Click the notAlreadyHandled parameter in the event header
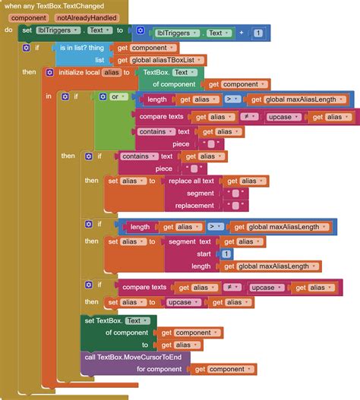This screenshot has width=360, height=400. pyautogui.click(x=87, y=18)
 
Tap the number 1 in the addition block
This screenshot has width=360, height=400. pyautogui.click(x=258, y=33)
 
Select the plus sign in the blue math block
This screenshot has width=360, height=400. pyautogui.click(x=242, y=33)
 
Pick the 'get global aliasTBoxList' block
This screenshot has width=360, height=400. pyautogui.click(x=160, y=60)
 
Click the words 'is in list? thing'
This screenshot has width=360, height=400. pyautogui.click(x=82, y=48)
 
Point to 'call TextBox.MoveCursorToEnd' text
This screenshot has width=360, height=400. pyautogui.click(x=133, y=357)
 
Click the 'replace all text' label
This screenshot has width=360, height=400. pyautogui.click(x=191, y=181)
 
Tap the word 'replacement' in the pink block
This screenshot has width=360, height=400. pyautogui.click(x=194, y=206)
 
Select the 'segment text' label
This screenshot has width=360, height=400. pyautogui.click(x=190, y=241)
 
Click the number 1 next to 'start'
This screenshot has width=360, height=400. pyautogui.click(x=226, y=254)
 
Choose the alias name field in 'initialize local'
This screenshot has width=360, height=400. pyautogui.click(x=112, y=72)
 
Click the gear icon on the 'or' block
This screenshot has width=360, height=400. pyautogui.click(x=103, y=97)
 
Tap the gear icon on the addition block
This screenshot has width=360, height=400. pyautogui.click(x=141, y=30)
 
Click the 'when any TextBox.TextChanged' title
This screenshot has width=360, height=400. pyautogui.click(x=54, y=6)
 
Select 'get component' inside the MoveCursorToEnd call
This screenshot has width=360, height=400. pyautogui.click(x=224, y=369)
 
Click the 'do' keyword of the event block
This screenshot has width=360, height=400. pyautogui.click(x=8, y=30)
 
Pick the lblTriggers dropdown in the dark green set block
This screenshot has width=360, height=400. pyautogui.click(x=58, y=30)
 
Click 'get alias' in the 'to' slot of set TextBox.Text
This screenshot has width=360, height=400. pyautogui.click(x=180, y=345)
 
